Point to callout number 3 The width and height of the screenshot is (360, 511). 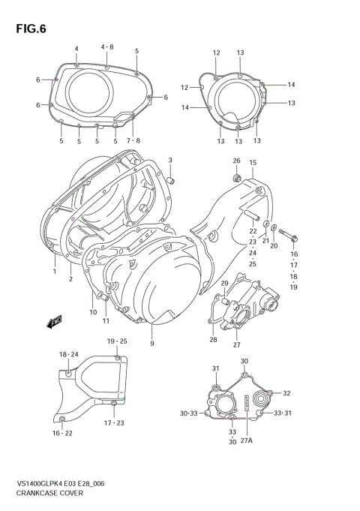point(170,161)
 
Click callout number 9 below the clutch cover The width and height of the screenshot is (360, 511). point(151,344)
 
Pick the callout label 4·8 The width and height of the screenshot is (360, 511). point(107,47)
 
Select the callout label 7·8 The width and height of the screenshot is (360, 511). point(133,141)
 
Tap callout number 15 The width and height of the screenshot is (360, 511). point(253,162)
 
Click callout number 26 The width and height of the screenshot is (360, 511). point(236,161)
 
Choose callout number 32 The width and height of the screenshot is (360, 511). point(286,393)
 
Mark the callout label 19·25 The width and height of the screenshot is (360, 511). point(116,341)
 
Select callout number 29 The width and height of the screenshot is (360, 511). point(224,283)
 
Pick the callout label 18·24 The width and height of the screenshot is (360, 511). point(69,353)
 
